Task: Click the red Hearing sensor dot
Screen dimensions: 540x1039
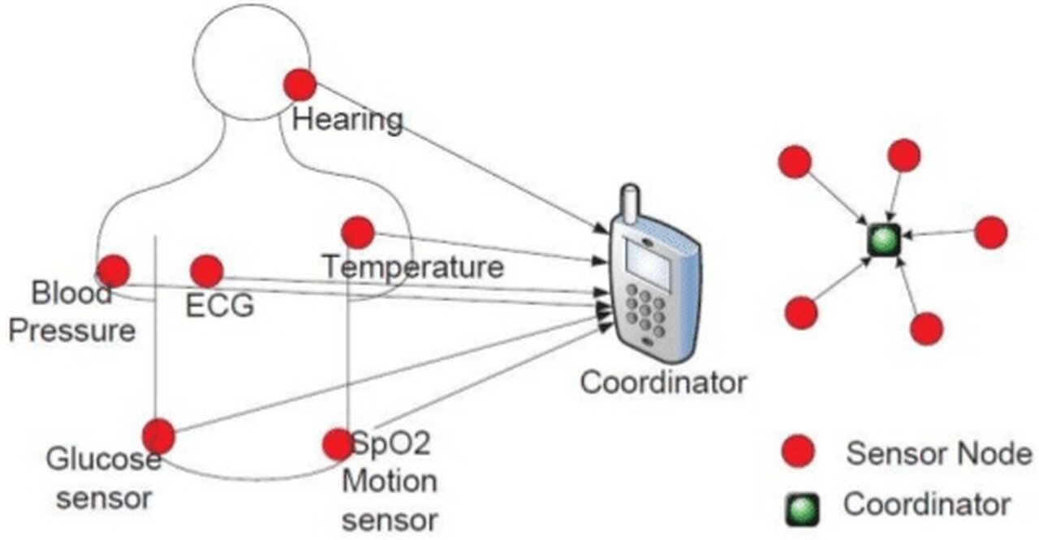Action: coord(300,85)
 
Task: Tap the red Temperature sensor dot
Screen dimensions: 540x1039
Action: coord(357,233)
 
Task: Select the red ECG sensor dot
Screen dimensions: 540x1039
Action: coord(206,271)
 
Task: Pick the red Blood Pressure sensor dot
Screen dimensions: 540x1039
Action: coord(113,271)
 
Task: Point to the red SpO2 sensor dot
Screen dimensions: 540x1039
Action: coord(337,444)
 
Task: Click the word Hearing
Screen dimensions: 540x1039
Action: coord(347,120)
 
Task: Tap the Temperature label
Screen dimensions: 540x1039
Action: coord(412,266)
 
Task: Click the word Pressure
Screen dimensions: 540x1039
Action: coord(72,331)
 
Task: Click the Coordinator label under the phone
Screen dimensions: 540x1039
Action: coord(662,382)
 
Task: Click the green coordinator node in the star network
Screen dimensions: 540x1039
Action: coord(883,239)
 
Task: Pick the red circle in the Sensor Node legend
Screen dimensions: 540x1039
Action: coord(799,452)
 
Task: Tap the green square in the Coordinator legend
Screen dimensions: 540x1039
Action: coord(800,508)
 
